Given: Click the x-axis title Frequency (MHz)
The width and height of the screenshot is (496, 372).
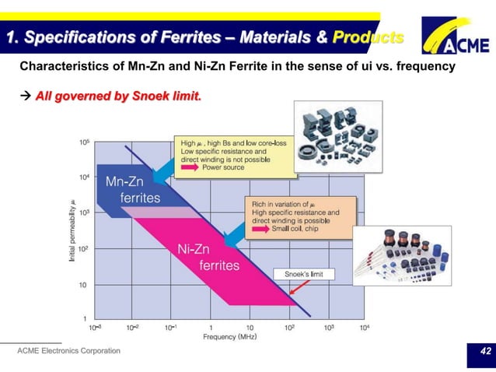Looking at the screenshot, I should pos(230,337).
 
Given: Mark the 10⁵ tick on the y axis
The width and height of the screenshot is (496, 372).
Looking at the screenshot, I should pos(83,142).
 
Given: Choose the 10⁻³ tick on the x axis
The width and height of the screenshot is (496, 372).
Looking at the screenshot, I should pos(93,328).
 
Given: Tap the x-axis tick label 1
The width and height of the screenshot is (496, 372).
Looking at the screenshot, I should pos(211,328).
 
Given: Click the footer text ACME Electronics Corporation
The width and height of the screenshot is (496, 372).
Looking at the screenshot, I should pos(69,351).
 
